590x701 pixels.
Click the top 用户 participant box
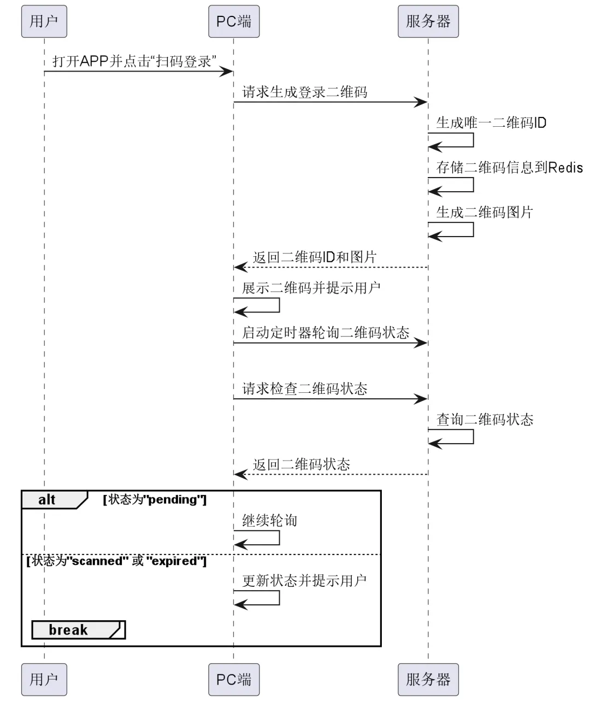click(44, 21)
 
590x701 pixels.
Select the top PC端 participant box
click(234, 21)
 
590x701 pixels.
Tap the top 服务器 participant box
click(428, 21)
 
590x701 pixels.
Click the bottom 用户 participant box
click(44, 679)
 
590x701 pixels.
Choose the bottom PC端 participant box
click(234, 679)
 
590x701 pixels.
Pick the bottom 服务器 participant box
click(428, 679)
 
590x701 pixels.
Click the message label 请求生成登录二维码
click(304, 92)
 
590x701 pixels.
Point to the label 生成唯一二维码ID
click(491, 122)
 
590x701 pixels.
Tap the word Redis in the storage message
click(565, 167)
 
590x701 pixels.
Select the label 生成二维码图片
click(484, 212)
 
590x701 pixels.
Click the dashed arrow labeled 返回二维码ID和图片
click(331, 267)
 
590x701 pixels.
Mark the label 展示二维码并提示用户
click(311, 287)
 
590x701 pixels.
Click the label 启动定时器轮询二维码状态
click(326, 332)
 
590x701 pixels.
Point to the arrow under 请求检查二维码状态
click(331, 399)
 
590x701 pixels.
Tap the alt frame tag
click(48, 499)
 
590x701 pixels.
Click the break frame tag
click(68, 630)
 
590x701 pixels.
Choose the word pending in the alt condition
click(173, 499)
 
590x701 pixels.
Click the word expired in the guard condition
click(174, 561)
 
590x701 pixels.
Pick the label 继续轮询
click(269, 520)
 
